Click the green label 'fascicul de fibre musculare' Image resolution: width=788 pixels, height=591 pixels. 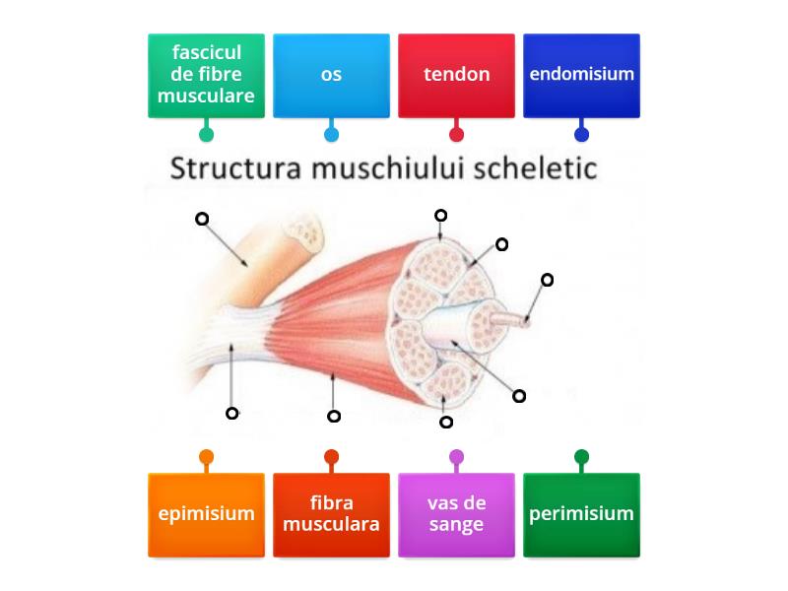206,75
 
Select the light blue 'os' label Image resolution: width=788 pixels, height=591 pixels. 331,75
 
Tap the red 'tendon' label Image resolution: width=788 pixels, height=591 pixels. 456,75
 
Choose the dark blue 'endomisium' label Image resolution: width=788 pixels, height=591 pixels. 581,75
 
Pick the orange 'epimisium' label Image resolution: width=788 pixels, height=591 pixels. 206,514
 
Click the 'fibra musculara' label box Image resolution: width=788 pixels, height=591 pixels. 331,514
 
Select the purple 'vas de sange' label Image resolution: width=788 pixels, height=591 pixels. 456,514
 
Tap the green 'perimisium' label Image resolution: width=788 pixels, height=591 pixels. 581,514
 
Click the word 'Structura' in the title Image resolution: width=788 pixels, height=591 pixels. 236,168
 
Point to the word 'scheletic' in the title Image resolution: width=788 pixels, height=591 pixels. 546,168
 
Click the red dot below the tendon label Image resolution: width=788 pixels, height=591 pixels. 456,134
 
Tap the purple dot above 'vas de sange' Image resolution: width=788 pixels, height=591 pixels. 456,457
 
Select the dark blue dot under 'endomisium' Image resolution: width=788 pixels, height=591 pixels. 581,134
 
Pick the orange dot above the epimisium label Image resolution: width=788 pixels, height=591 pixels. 206,457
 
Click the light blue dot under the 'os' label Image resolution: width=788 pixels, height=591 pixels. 331,134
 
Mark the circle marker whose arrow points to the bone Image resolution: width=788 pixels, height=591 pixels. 202,219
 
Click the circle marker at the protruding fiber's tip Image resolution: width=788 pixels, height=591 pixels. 547,280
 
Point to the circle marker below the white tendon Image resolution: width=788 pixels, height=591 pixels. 232,414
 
